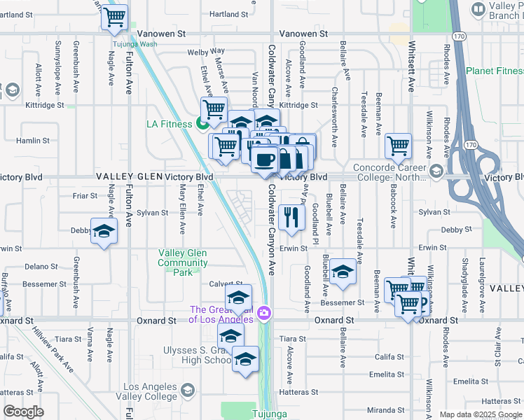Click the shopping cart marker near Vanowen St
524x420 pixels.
(x=114, y=16)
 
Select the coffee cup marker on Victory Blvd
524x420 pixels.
(x=264, y=160)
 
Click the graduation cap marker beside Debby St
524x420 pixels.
(x=103, y=232)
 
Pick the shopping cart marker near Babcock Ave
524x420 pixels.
(x=398, y=146)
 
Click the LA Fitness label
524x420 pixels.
(x=169, y=124)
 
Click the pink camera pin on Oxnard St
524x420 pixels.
(x=265, y=314)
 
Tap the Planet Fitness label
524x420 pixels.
(x=495, y=71)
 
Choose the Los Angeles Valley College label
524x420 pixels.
(x=150, y=392)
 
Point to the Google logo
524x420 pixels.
(x=23, y=412)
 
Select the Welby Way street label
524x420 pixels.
(x=206, y=51)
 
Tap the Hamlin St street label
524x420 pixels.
(x=32, y=140)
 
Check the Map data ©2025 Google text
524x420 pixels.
(x=480, y=414)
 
